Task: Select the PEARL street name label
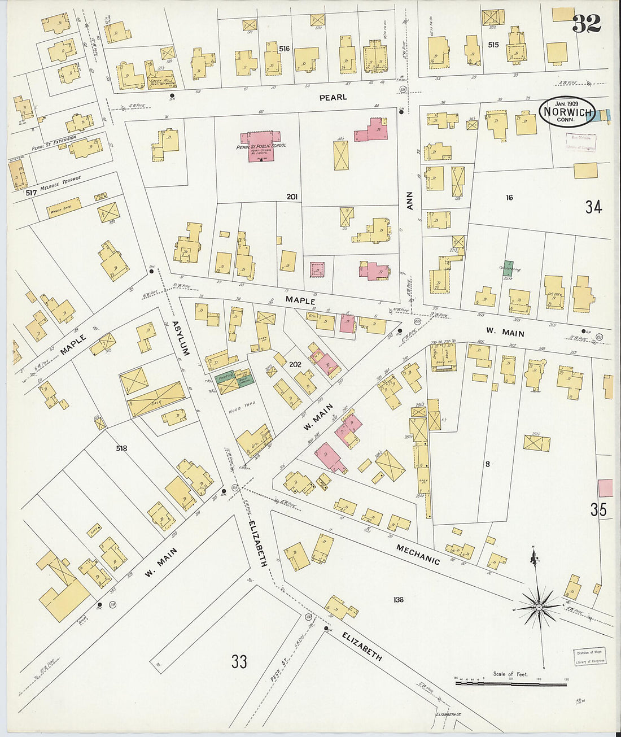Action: pyautogui.click(x=333, y=97)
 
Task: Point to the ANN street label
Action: pyautogui.click(x=410, y=201)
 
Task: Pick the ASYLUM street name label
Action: pyautogui.click(x=180, y=338)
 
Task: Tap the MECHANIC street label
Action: pyautogui.click(x=418, y=554)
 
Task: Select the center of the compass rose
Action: pyautogui.click(x=539, y=608)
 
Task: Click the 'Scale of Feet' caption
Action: pyautogui.click(x=510, y=674)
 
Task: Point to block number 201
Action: pyautogui.click(x=292, y=197)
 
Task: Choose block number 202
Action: pyautogui.click(x=295, y=365)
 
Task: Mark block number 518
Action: pyautogui.click(x=121, y=448)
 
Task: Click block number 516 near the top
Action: pyautogui.click(x=284, y=49)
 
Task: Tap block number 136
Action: pyautogui.click(x=399, y=599)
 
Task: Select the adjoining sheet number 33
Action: pyautogui.click(x=239, y=661)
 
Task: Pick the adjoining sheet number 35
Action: pyautogui.click(x=598, y=509)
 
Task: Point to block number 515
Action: pyautogui.click(x=493, y=45)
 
